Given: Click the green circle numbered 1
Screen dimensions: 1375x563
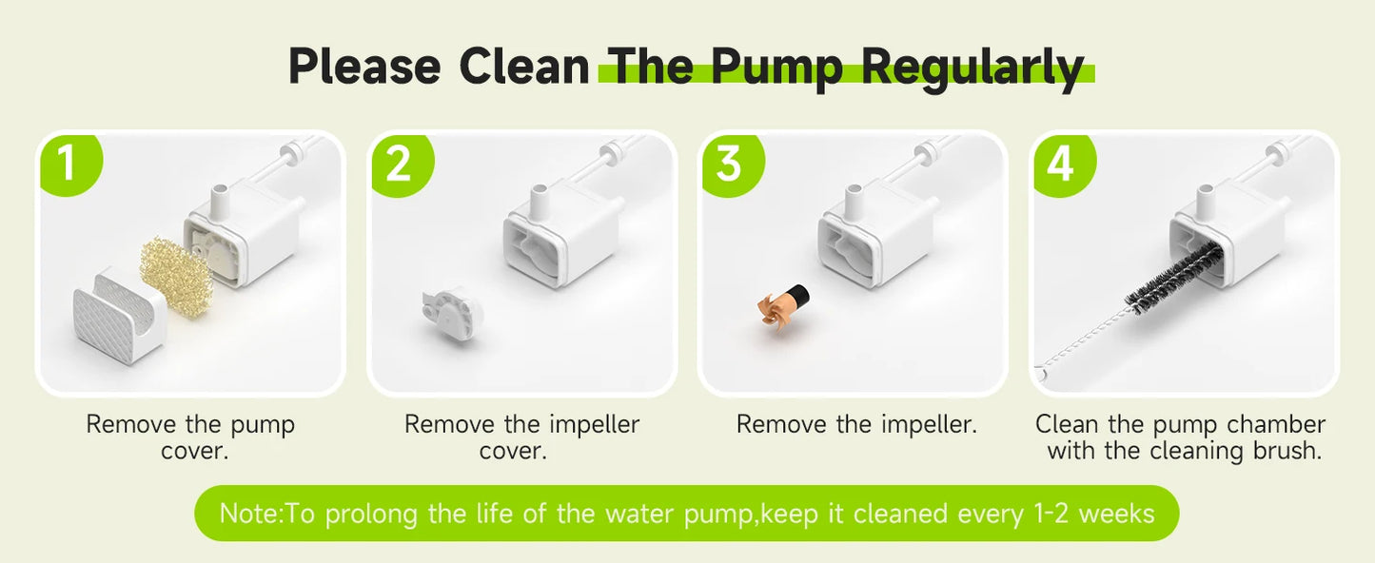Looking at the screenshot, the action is pyautogui.click(x=70, y=165).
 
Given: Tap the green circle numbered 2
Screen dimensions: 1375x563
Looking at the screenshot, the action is pyautogui.click(x=402, y=165).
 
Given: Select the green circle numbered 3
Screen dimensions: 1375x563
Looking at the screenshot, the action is pyautogui.click(x=733, y=165).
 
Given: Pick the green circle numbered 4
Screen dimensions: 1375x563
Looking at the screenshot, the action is pyautogui.click(x=1064, y=165).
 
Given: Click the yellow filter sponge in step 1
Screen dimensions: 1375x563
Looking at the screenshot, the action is pyautogui.click(x=177, y=277).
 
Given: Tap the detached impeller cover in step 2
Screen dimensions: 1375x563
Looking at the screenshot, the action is pyautogui.click(x=451, y=313).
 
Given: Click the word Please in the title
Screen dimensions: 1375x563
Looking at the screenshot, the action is pyautogui.click(x=364, y=67).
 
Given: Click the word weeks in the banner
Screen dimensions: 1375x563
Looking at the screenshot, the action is pyautogui.click(x=1116, y=514).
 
